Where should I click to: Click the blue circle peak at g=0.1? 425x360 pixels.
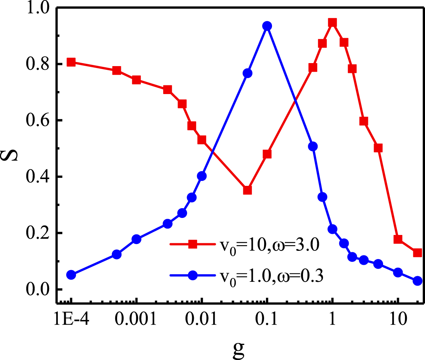[267, 26]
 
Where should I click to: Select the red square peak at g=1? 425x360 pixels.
[332, 23]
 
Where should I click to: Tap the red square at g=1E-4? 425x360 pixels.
[71, 62]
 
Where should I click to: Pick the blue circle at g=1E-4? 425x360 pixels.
[71, 275]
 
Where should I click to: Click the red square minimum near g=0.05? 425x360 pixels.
[247, 190]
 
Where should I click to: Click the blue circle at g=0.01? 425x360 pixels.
[202, 176]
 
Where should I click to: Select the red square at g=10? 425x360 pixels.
[398, 239]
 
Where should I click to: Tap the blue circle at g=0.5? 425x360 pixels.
[313, 147]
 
